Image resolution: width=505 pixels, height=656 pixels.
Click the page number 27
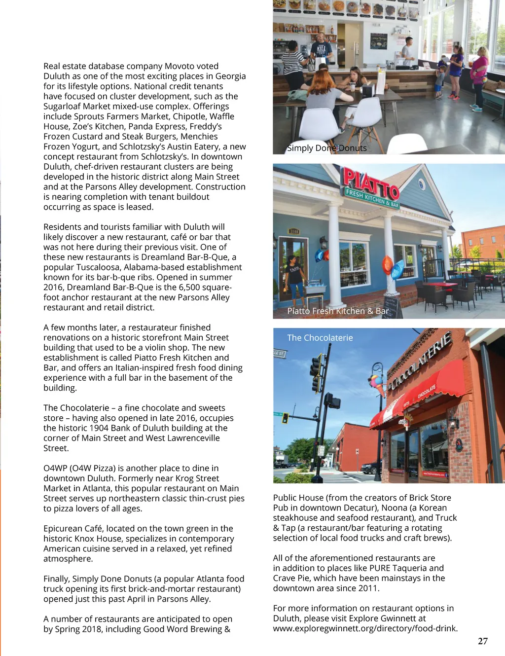(x=482, y=641)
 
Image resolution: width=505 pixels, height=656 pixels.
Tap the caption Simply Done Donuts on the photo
(x=327, y=148)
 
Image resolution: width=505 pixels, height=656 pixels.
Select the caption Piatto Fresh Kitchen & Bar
(x=338, y=311)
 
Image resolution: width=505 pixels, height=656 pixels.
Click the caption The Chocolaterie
(x=320, y=338)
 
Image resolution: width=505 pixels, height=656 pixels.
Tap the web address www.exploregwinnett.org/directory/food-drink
(x=365, y=628)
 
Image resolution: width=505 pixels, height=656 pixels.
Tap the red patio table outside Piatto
(x=440, y=286)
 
